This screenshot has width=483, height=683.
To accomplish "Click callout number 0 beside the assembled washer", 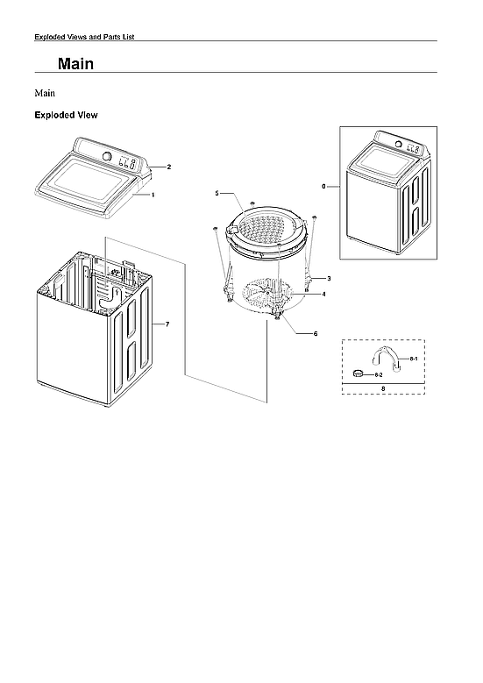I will click(x=323, y=187).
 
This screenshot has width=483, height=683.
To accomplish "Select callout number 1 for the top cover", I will click(x=153, y=196).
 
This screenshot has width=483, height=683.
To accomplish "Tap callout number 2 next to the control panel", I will click(x=168, y=167).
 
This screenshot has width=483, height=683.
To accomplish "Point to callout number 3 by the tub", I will click(x=328, y=278).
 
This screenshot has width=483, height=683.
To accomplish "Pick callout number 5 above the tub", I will click(x=217, y=192).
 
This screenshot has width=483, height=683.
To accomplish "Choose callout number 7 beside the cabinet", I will click(x=167, y=325).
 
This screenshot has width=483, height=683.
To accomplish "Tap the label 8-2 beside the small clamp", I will click(x=379, y=375).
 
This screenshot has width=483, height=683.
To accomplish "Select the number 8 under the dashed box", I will click(x=382, y=388).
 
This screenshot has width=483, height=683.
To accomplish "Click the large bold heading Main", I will click(x=76, y=65).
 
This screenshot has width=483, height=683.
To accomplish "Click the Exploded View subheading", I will click(x=66, y=115).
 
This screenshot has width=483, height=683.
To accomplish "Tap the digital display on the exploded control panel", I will click(x=126, y=162).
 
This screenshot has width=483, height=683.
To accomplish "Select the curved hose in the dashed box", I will click(x=387, y=357).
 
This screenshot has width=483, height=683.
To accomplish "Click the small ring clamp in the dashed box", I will click(x=358, y=374).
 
